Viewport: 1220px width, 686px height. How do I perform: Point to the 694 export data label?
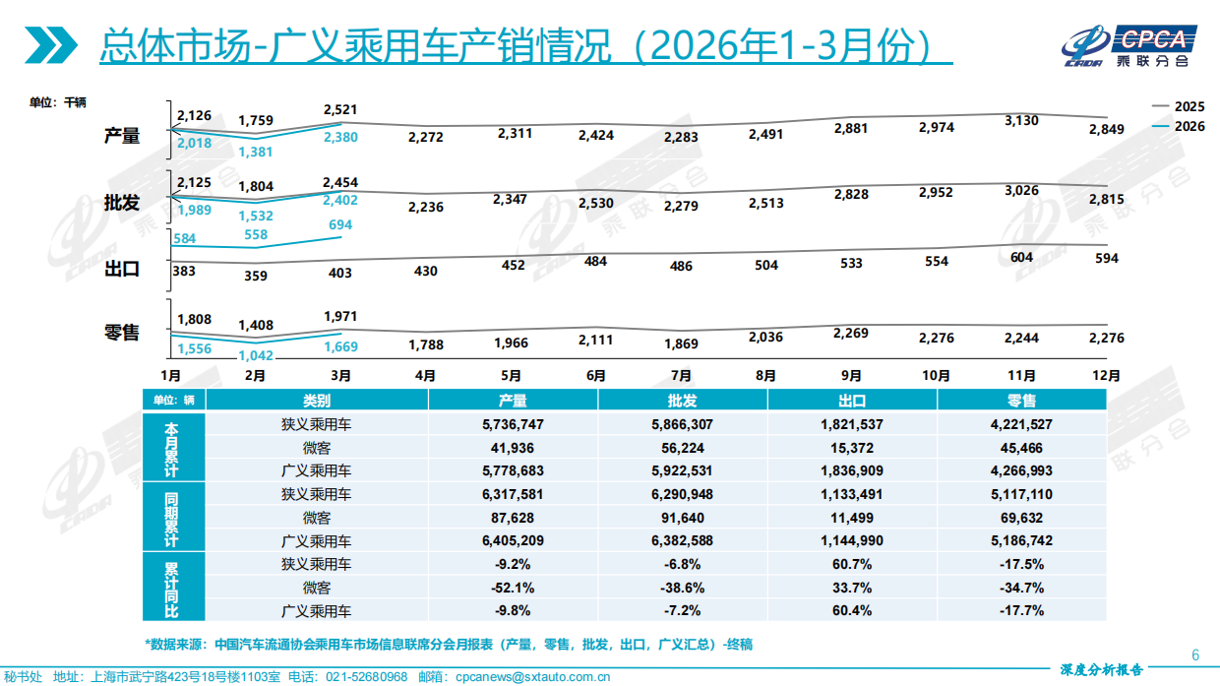(x=340, y=225)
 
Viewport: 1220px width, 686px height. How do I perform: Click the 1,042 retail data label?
(x=256, y=355)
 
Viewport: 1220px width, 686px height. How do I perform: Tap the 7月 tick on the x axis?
(x=681, y=376)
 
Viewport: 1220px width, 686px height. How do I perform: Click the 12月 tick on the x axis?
(x=1107, y=376)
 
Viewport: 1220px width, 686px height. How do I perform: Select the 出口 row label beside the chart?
(x=122, y=269)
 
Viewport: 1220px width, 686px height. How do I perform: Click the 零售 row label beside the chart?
(x=122, y=333)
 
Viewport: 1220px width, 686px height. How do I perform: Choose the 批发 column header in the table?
(x=682, y=401)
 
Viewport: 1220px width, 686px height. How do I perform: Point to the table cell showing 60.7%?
(x=851, y=564)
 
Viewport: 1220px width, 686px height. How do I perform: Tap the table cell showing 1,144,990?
(x=851, y=540)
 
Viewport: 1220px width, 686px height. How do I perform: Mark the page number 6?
(x=1195, y=655)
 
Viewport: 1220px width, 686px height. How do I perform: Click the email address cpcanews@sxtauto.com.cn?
(x=528, y=677)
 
